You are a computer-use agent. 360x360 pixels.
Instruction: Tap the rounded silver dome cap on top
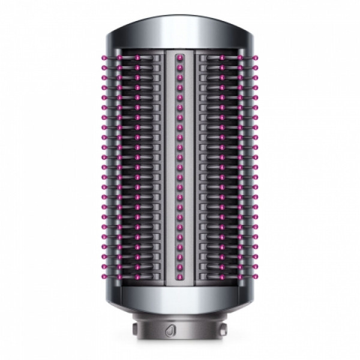[180, 30]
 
